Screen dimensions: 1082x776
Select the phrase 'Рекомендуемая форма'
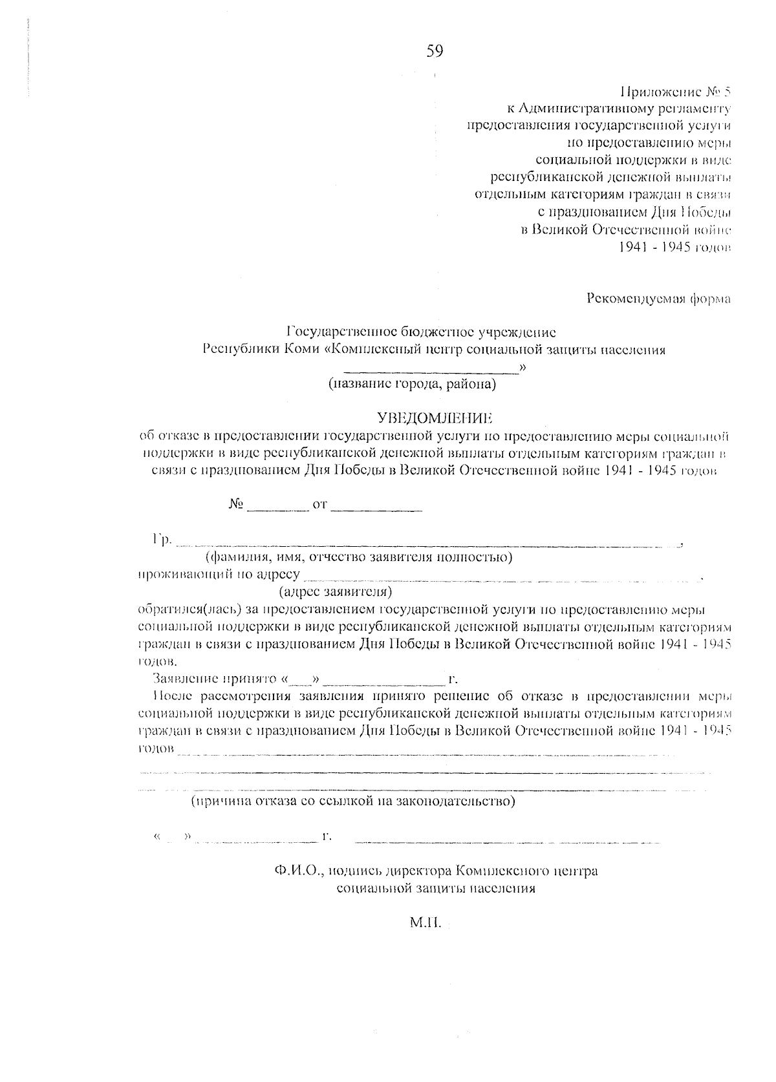coord(658,299)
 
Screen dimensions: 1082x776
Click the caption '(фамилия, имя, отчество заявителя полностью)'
coord(359,557)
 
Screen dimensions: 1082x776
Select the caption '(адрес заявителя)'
coord(336,591)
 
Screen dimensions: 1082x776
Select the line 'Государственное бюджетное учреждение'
coord(421,333)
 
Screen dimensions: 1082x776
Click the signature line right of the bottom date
coord(508,842)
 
